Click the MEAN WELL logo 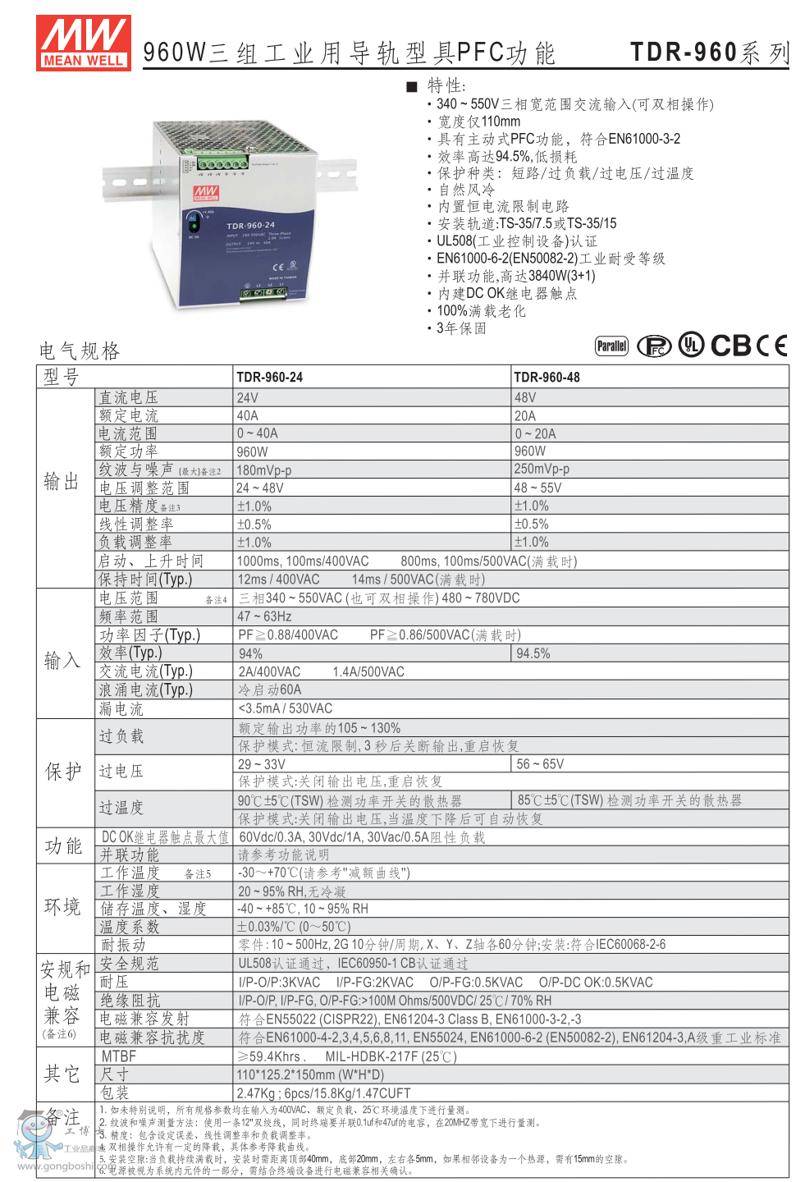click(83, 43)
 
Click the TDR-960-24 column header click(269, 378)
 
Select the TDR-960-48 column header click(547, 378)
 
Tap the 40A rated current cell click(248, 416)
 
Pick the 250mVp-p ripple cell click(542, 470)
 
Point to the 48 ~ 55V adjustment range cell click(538, 488)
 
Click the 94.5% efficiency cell click(533, 654)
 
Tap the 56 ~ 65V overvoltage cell click(540, 764)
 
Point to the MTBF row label click(119, 1056)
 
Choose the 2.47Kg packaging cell click(323, 1093)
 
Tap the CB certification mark click(731, 346)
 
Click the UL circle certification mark click(691, 346)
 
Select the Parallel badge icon click(611, 346)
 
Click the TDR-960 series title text click(709, 53)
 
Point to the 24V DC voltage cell click(248, 398)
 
